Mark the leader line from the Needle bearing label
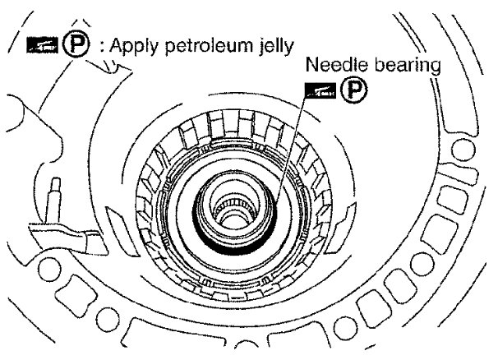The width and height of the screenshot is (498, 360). (292, 140)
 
